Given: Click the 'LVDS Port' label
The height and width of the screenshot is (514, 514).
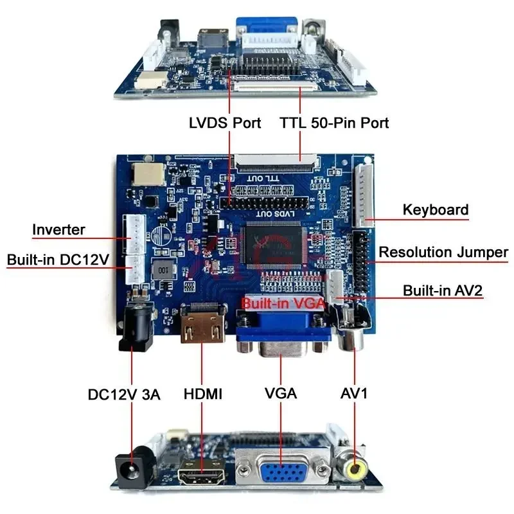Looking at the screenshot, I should click(225, 122).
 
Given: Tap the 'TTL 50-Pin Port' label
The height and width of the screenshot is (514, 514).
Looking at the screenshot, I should click(334, 122).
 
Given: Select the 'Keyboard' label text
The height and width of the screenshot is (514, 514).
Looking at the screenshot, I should click(435, 209).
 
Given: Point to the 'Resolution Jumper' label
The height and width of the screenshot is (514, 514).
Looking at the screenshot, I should click(443, 252).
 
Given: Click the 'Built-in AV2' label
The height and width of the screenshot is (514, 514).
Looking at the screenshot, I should click(443, 290).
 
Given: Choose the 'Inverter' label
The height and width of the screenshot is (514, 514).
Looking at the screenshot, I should click(58, 229).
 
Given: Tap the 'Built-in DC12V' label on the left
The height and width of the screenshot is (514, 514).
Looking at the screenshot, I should click(58, 260).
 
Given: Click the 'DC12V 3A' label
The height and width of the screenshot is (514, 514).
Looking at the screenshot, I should click(124, 394).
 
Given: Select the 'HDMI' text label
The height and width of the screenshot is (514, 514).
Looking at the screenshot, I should click(203, 394).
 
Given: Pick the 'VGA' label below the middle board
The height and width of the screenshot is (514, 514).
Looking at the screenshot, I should click(281, 394).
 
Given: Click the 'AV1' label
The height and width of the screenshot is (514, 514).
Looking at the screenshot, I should click(354, 394).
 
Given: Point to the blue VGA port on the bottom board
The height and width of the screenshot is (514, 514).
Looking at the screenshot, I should click(281, 473).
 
